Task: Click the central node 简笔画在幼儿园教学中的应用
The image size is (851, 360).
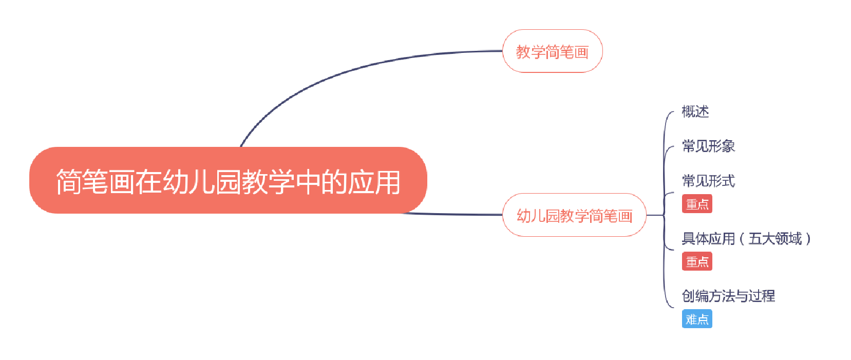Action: click(x=228, y=180)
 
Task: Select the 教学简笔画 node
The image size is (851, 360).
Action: click(x=552, y=51)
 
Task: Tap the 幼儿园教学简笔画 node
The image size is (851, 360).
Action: click(x=574, y=215)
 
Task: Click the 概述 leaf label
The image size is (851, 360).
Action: click(x=695, y=111)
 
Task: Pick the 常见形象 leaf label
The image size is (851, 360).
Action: click(x=708, y=146)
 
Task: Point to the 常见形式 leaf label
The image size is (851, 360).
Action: click(x=708, y=181)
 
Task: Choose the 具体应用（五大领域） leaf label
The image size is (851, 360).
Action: click(x=746, y=238)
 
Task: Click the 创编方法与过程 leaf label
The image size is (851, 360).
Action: click(x=728, y=296)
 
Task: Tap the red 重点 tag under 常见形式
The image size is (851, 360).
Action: click(x=697, y=204)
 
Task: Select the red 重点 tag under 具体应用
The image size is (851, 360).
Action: click(x=697, y=261)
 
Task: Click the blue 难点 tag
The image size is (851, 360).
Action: click(x=697, y=319)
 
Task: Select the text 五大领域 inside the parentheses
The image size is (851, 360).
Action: click(x=775, y=238)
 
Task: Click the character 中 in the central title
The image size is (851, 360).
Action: click(x=308, y=182)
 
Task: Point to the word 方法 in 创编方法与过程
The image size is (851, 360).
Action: click(x=722, y=296)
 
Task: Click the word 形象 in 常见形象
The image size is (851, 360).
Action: click(x=722, y=146)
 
